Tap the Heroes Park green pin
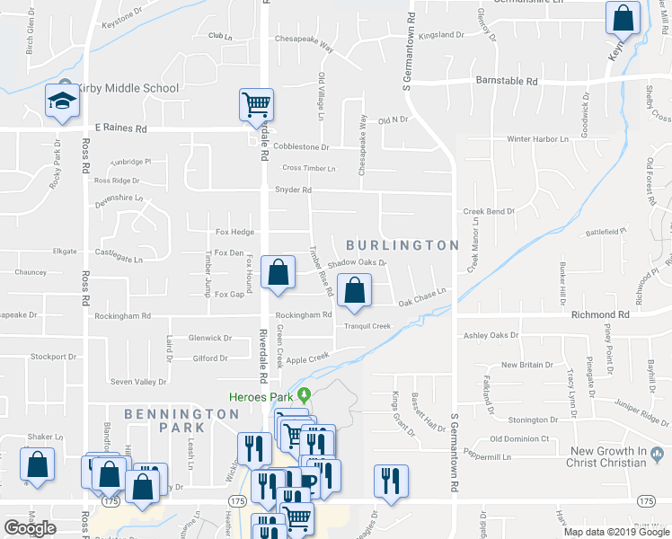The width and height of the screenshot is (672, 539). pos(305,394)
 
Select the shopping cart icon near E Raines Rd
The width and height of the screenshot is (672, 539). pos(256,105)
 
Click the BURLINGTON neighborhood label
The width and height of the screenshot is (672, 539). pos(402,244)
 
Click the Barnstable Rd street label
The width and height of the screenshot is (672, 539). pos(506,81)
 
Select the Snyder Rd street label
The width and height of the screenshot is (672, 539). pos(293,190)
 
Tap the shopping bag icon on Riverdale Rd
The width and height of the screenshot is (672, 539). pos(279,272)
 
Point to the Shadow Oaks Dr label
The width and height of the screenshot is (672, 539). pos(357,263)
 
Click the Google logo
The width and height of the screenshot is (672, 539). pos(30,528)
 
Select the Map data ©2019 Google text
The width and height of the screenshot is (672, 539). pos(615,531)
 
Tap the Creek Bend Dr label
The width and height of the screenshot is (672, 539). pos(489,212)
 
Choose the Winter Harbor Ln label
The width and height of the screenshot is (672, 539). pos(537,139)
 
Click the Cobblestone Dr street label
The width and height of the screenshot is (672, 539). pos(301,146)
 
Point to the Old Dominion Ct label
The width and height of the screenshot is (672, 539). pos(519,439)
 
